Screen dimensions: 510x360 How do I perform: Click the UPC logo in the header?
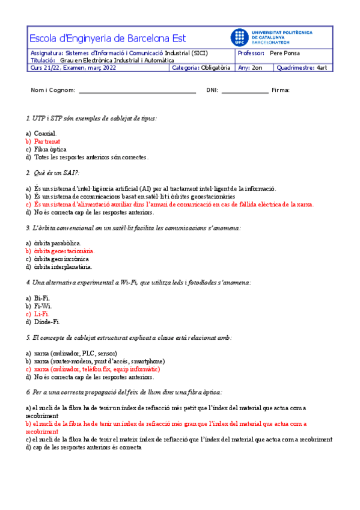(x=239, y=37)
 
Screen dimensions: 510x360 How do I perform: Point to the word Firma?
(x=281, y=90)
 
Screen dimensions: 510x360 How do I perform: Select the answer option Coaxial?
(x=45, y=134)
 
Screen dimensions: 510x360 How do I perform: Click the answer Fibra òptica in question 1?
(x=50, y=149)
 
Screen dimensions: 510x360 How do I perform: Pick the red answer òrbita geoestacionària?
(x=64, y=251)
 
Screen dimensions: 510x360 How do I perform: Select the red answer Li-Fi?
(x=41, y=314)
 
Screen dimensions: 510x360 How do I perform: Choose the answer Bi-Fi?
(x=42, y=298)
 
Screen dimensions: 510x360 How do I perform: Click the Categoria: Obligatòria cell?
(x=201, y=68)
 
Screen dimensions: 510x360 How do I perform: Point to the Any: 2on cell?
(x=251, y=68)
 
